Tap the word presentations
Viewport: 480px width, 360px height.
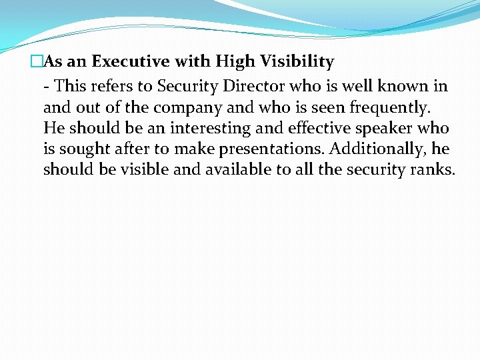(x=275, y=149)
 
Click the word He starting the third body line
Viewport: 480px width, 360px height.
(x=53, y=127)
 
